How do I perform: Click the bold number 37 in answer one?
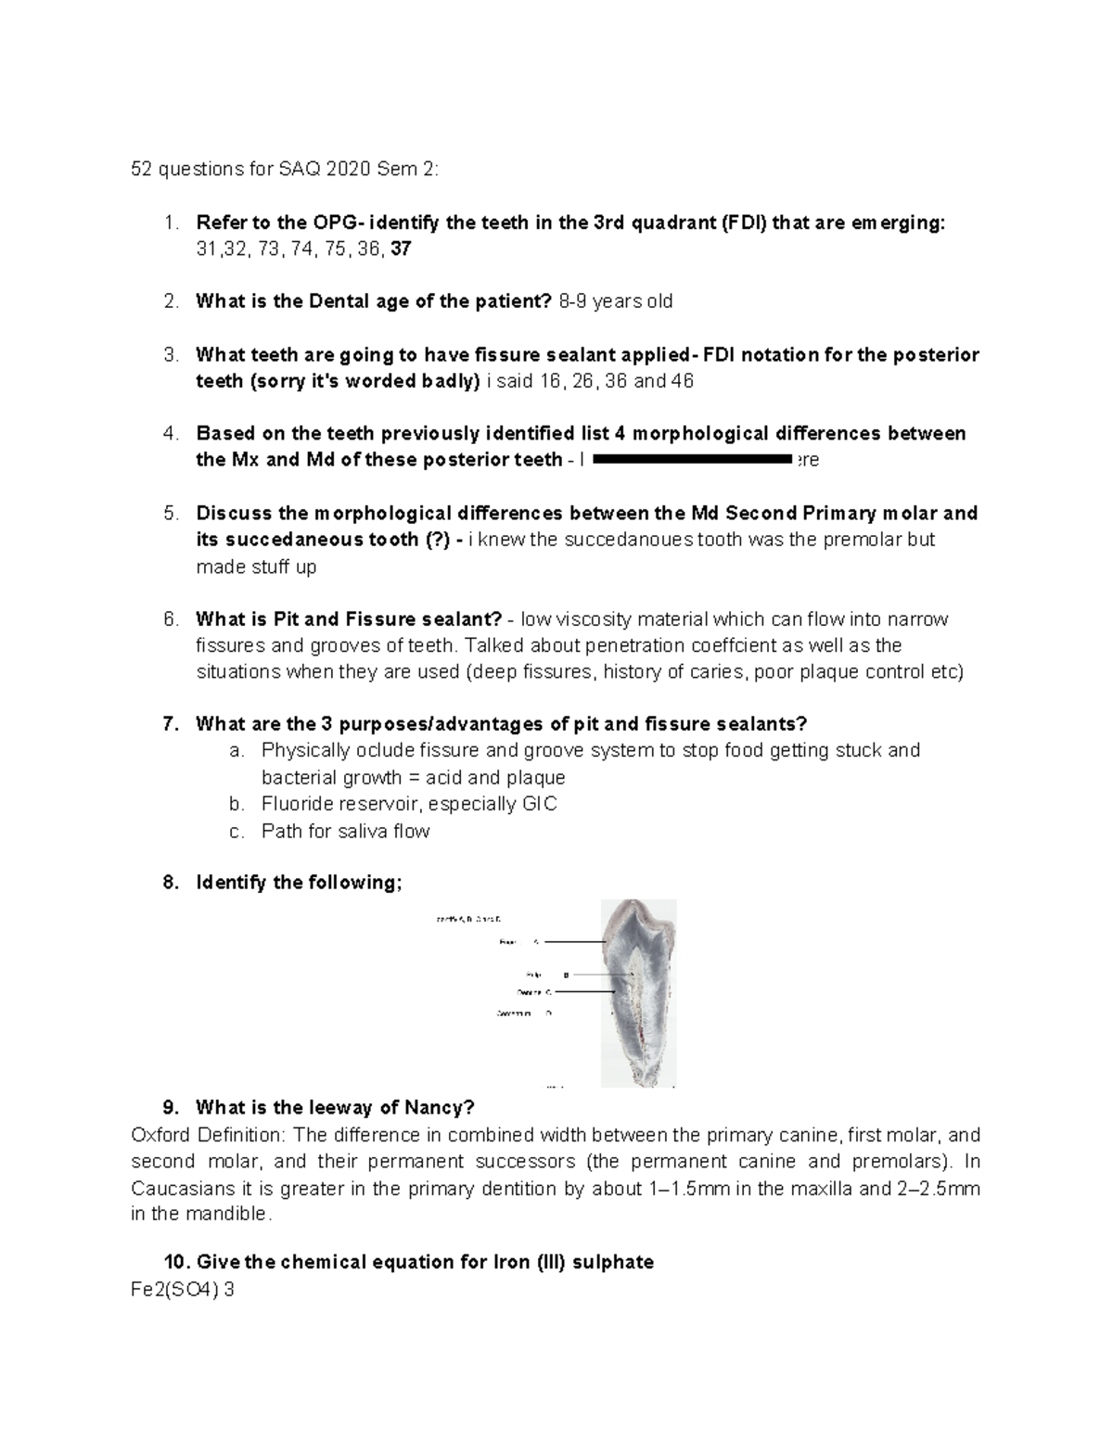402,248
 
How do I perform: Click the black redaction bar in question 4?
692,459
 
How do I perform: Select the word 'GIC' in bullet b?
539,804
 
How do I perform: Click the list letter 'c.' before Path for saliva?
237,831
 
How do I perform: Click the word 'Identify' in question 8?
232,883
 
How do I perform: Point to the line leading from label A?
574,942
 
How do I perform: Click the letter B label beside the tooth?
566,975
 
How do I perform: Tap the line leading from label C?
584,991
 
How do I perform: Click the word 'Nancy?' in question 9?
440,1107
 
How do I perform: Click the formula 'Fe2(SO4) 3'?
183,1289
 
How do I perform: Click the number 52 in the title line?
142,170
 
